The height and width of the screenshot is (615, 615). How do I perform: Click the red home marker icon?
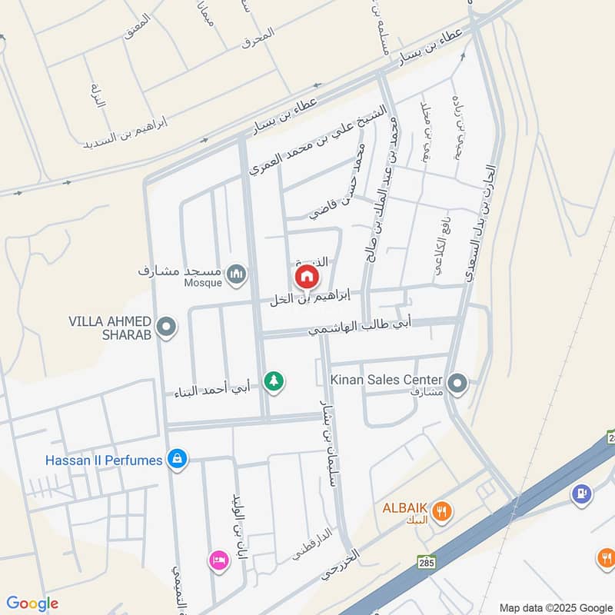(306, 276)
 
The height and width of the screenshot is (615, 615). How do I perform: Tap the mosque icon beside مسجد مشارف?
(238, 273)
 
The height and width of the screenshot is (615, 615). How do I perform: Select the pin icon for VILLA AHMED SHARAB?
(165, 328)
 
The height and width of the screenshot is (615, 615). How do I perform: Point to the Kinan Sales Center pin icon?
(457, 381)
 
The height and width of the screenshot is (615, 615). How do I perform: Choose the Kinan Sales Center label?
(386, 380)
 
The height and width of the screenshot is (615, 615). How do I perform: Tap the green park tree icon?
(274, 380)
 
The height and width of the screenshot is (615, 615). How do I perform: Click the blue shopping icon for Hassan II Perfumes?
(178, 460)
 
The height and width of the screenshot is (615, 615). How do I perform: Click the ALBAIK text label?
(406, 509)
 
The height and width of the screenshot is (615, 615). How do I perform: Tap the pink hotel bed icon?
(218, 560)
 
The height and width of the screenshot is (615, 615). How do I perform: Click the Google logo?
(32, 603)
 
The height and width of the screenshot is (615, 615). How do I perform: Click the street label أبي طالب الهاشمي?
(361, 327)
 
